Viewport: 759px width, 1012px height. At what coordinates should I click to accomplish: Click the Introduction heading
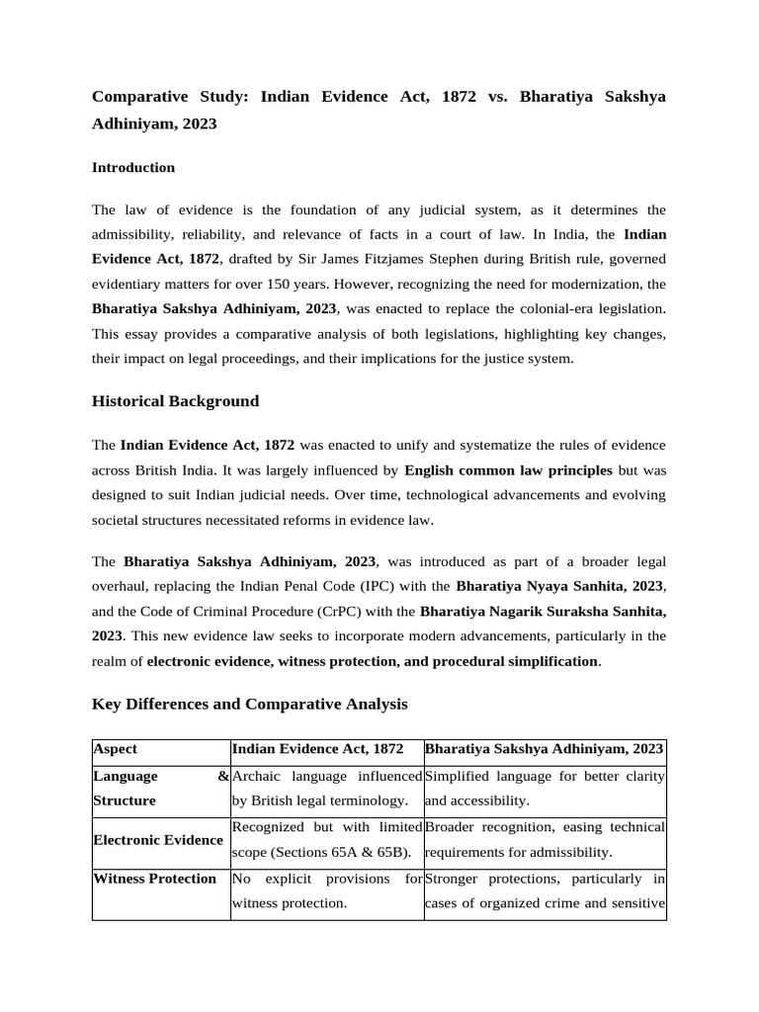pyautogui.click(x=133, y=168)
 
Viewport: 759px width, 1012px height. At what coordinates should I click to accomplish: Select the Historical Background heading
pyautogui.click(x=175, y=401)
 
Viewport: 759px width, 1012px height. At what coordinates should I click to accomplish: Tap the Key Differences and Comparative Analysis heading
pyautogui.click(x=249, y=705)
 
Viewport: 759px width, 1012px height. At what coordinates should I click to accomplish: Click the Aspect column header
pyautogui.click(x=116, y=750)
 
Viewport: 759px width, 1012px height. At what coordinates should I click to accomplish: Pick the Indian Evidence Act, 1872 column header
pyautogui.click(x=317, y=750)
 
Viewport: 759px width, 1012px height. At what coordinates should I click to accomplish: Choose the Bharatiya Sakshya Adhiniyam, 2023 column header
pyautogui.click(x=544, y=750)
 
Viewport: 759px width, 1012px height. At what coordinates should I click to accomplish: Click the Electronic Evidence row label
pyautogui.click(x=157, y=839)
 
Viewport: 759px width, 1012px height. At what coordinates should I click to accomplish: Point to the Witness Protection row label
pyautogui.click(x=154, y=879)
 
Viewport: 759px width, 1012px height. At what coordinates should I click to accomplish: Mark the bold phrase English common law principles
pyautogui.click(x=508, y=470)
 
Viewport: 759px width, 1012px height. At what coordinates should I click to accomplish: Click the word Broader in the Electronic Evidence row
pyautogui.click(x=451, y=826)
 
